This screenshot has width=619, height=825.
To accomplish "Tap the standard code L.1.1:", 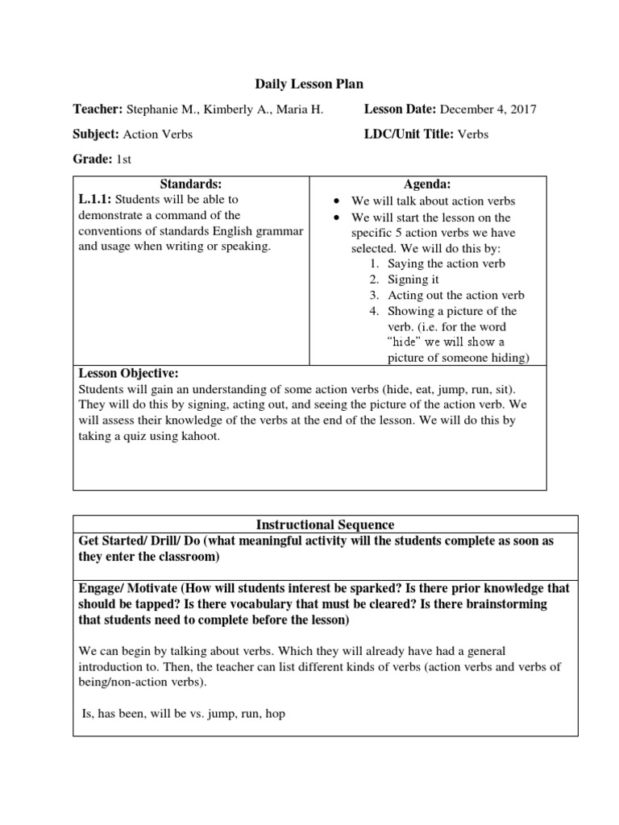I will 94,199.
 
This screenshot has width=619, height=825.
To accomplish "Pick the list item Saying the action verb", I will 447,263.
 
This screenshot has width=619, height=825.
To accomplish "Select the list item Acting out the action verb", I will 455,295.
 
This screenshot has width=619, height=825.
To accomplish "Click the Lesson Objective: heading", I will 128,374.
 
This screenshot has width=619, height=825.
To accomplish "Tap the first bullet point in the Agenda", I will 337,201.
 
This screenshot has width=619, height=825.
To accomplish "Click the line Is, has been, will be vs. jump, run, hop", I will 185,714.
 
